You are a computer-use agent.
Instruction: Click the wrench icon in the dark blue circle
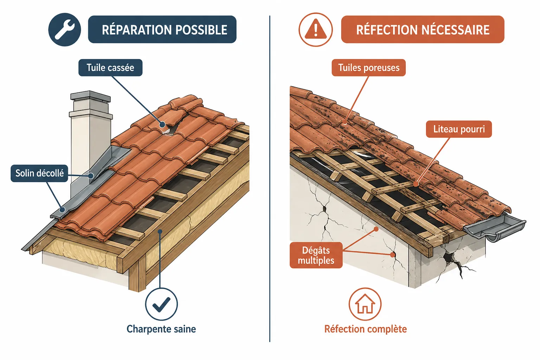[x=65, y=30]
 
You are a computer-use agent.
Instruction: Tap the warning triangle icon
[x=316, y=30]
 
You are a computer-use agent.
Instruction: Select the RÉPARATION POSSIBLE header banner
[x=162, y=30]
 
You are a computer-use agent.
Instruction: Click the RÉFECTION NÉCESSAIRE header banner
[x=423, y=30]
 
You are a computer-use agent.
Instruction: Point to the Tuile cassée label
[x=110, y=67]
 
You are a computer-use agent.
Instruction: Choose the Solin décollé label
[x=39, y=173]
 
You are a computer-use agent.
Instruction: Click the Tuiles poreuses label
[x=368, y=67]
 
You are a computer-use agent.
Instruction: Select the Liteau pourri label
[x=459, y=129]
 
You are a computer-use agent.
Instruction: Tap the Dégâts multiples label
[x=316, y=255]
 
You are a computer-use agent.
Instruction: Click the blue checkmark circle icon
[x=161, y=304]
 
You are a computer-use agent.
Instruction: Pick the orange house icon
[x=365, y=304]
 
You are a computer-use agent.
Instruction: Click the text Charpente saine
[x=161, y=329]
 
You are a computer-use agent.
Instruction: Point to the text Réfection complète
[x=366, y=329]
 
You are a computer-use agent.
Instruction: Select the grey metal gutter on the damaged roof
[x=494, y=227]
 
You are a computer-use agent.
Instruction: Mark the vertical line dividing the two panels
[x=270, y=179]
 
